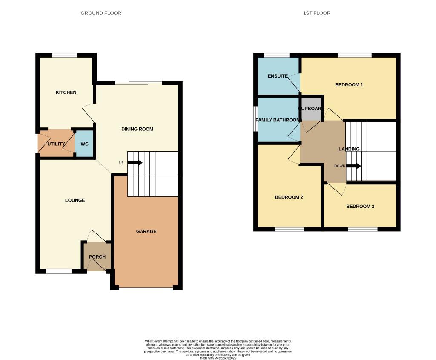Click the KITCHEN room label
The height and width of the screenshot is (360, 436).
click(66, 92)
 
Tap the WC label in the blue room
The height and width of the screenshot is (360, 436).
click(85, 144)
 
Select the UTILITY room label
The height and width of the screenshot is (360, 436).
click(56, 144)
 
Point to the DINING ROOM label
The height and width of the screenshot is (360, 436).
click(137, 129)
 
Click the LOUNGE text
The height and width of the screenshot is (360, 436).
click(75, 200)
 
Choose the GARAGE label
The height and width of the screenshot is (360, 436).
click(146, 231)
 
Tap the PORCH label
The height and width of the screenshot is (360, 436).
click(97, 257)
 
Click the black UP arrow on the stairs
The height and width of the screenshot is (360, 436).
click(135, 163)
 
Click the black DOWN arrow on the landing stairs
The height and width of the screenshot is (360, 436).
click(353, 166)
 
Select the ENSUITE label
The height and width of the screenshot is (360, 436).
click(278, 76)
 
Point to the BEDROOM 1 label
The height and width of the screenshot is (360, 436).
click(349, 85)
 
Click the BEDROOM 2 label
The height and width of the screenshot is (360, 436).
click(289, 197)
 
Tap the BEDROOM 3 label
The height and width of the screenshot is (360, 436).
click(360, 207)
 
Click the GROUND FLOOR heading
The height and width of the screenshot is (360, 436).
click(101, 13)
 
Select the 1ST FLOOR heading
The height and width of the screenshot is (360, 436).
click(316, 13)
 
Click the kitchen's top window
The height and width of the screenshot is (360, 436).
click(65, 55)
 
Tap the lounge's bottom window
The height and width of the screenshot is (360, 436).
click(59, 271)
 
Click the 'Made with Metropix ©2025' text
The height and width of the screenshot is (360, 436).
click(218, 358)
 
